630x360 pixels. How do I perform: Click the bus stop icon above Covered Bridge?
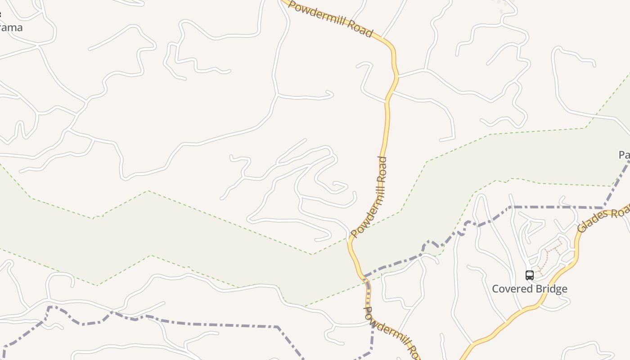pos(530,275)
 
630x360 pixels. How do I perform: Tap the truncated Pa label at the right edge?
pos(624,155)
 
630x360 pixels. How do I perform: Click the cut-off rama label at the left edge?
pos(11,27)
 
